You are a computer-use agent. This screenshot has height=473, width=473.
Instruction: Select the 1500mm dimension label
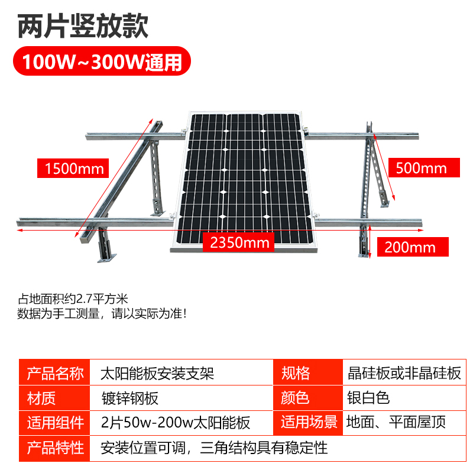coord(70,169)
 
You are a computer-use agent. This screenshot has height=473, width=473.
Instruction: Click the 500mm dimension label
coord(420,167)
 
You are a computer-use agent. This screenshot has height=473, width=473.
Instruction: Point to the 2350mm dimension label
coord(239,242)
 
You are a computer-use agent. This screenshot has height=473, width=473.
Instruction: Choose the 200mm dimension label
coord(410,247)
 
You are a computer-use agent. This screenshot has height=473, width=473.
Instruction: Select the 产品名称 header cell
coord(55,373)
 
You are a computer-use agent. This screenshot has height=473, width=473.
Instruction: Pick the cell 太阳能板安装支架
coord(157,373)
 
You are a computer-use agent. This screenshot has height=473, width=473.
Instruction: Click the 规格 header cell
coord(295,373)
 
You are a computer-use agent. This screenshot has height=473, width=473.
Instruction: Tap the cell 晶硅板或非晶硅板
coord(404,373)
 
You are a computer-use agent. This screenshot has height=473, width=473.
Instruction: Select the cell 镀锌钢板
coord(129,398)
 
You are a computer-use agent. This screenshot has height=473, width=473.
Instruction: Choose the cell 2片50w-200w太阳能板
coord(176,422)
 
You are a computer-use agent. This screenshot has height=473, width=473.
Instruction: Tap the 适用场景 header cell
coord(309,422)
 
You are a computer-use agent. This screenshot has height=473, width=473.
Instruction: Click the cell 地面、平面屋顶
coord(396,422)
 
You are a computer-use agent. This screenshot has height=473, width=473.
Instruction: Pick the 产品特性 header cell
coord(55,447)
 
